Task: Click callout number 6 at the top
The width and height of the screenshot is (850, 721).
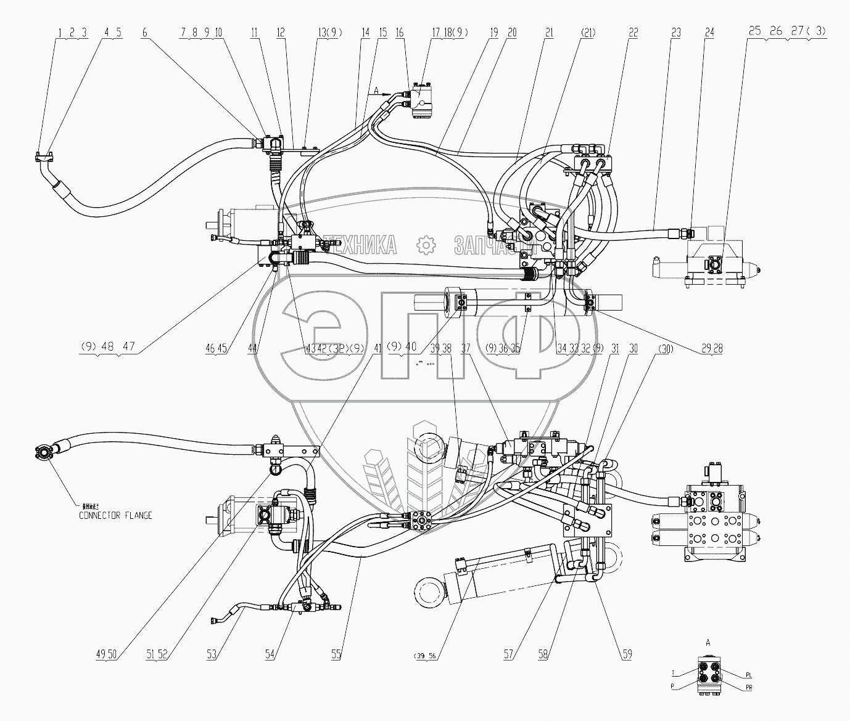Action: pos(144,34)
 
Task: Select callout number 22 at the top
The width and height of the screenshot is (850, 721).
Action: pos(633,34)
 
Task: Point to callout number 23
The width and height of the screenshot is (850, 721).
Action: pos(676,34)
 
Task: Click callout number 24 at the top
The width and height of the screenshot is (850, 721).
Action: pos(709,34)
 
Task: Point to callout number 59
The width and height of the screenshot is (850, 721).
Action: pos(627,654)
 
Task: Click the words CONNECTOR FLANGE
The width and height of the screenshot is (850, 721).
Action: pos(115,515)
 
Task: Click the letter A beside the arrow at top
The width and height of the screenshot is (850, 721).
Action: pos(374,91)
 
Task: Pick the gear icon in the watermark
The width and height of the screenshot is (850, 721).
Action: pos(426,245)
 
